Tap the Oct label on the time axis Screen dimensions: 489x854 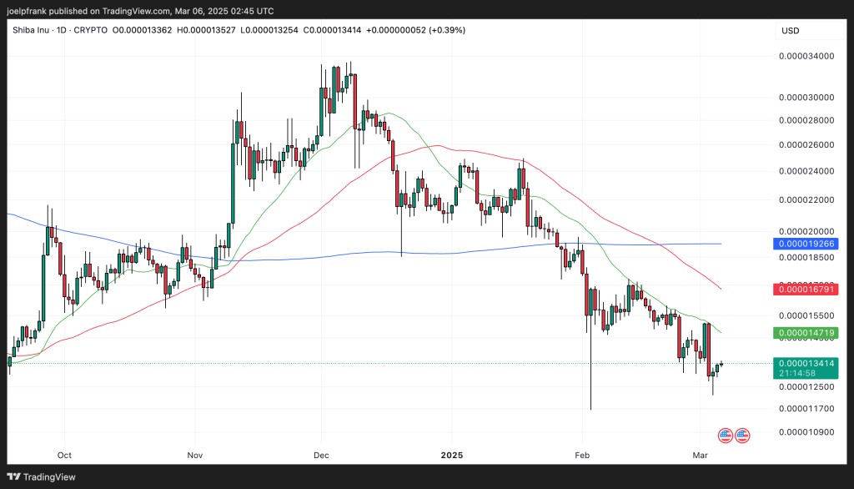click(x=64, y=456)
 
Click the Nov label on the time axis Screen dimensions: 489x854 click(x=194, y=456)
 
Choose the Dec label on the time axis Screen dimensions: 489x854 click(x=322, y=456)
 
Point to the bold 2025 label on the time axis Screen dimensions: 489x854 click(x=451, y=456)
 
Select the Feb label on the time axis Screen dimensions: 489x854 click(x=582, y=456)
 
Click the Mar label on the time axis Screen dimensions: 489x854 click(x=699, y=456)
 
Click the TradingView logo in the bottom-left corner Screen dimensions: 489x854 click(x=43, y=476)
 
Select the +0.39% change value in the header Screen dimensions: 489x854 click(x=446, y=30)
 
